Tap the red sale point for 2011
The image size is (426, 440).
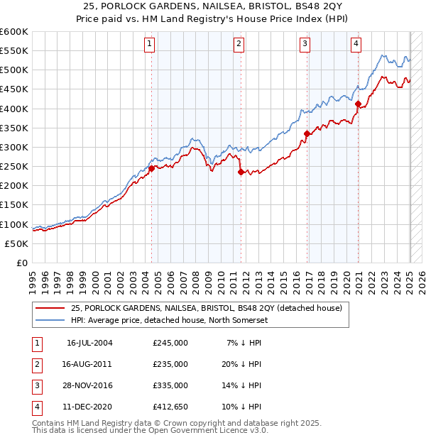tap(241, 172)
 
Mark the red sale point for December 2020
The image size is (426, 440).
tap(359, 104)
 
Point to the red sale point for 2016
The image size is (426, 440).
tap(307, 133)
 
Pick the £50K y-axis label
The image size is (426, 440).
tap(16, 243)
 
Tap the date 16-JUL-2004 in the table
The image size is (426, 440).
tap(89, 343)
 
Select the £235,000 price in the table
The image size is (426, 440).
tap(170, 364)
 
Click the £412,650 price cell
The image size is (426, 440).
tap(170, 407)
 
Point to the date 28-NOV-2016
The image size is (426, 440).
tap(89, 385)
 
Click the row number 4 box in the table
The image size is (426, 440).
tap(35, 407)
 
